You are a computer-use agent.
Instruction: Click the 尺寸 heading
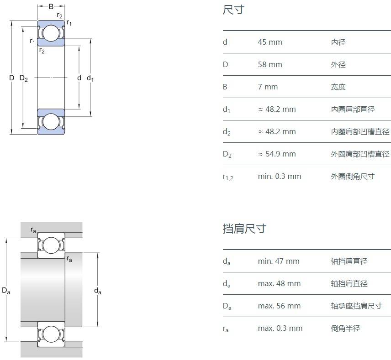point(233,10)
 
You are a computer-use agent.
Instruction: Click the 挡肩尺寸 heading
point(244,229)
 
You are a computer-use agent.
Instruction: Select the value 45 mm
point(270,42)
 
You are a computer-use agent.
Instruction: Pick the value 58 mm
point(270,64)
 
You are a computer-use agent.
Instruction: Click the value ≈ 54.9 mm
point(277,154)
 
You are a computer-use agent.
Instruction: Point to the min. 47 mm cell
point(278,261)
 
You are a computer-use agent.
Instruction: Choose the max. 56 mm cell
point(279,306)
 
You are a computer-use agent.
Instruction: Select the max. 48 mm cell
point(279,283)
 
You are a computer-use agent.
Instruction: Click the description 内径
point(338,42)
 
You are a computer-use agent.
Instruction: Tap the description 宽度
point(338,87)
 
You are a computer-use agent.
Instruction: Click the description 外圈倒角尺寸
point(353,176)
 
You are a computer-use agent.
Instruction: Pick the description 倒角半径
point(345,328)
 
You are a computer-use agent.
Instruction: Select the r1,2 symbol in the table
point(227,177)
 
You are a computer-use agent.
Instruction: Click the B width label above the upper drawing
point(51,6)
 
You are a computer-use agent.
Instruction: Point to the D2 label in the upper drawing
point(24,78)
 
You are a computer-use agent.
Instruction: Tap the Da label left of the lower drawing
point(6,290)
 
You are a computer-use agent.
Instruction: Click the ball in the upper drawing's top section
point(51,33)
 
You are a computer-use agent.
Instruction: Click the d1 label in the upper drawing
point(90,78)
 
